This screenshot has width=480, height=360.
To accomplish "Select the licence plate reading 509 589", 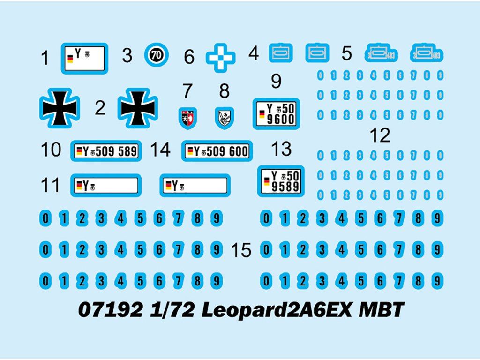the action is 106,151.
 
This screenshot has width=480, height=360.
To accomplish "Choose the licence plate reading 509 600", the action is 217,151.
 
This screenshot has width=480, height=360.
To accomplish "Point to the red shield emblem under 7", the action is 187,118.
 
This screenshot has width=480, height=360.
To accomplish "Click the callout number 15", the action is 241,250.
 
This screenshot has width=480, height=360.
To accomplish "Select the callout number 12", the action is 380,135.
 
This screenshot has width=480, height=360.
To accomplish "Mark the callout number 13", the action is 281,150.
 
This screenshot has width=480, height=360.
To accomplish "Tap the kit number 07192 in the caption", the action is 111,310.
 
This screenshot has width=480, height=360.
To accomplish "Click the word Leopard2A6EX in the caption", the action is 277,310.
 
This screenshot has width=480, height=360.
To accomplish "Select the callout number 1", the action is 45,59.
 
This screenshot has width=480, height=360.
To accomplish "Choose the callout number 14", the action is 160,150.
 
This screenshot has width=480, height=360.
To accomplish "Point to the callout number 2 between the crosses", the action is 100,108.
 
